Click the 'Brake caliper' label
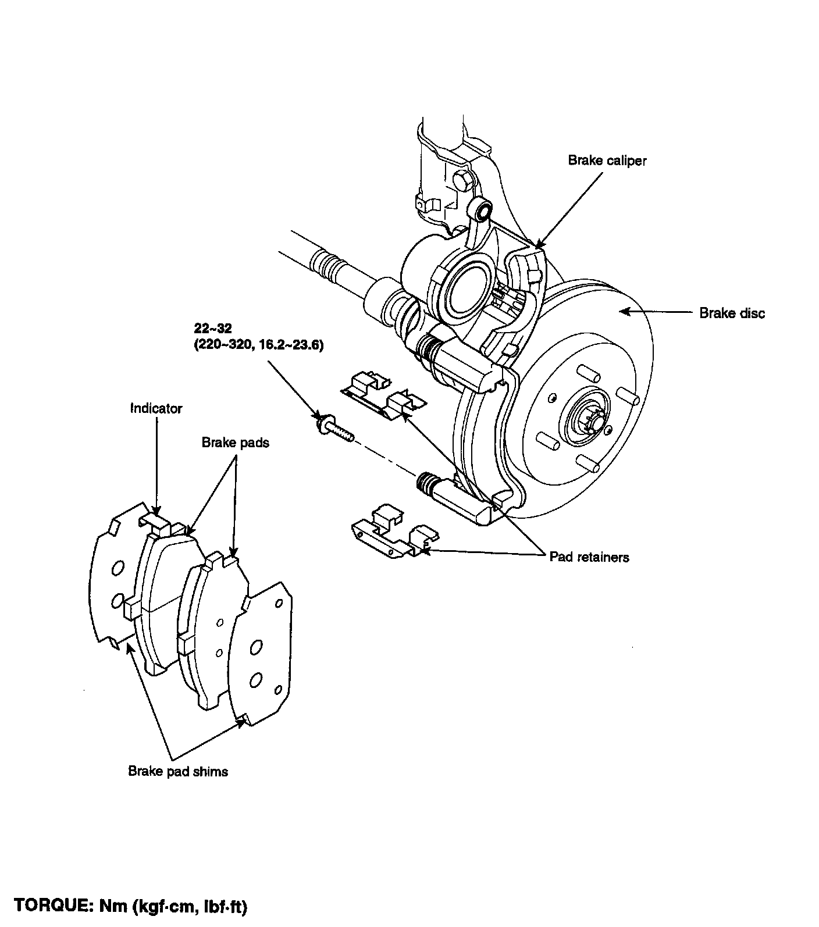coord(607,161)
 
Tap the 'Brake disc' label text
coord(732,313)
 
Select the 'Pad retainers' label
coord(589,557)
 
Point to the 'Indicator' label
coord(156,408)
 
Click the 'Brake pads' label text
coord(235,443)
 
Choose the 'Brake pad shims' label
coord(178,771)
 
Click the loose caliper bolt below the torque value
coord(334,432)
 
